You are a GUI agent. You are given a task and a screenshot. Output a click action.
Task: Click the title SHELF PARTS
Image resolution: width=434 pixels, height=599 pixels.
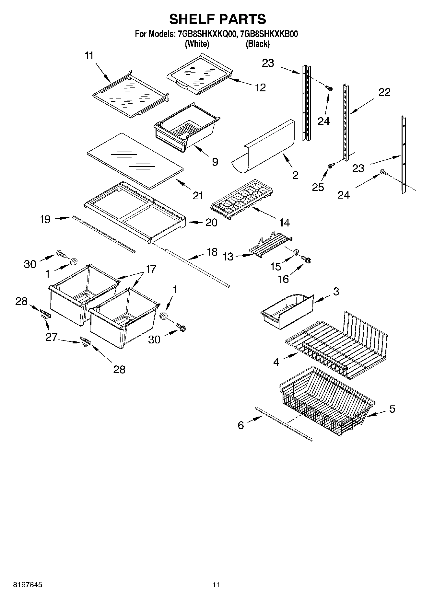(217, 19)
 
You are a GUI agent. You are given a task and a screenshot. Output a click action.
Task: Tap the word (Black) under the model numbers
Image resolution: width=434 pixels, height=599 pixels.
(257, 44)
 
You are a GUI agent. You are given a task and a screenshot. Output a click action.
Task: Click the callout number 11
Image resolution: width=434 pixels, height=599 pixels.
(89, 56)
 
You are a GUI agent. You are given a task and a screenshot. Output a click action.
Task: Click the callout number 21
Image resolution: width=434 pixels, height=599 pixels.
(198, 196)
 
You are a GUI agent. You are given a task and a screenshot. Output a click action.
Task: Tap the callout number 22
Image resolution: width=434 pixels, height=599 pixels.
(384, 92)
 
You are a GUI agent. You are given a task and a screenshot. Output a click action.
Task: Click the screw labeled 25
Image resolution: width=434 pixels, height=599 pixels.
(331, 166)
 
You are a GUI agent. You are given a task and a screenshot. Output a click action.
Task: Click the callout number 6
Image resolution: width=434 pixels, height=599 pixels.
(240, 425)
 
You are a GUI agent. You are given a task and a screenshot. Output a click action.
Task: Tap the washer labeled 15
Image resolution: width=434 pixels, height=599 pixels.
(296, 253)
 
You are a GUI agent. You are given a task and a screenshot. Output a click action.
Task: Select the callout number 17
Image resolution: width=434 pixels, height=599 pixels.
(150, 269)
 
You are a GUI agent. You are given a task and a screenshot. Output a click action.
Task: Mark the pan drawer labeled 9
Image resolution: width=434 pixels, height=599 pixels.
(186, 128)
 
